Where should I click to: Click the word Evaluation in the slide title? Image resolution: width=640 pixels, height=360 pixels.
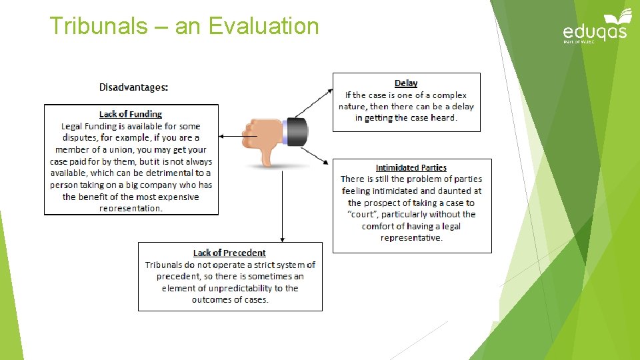tap(263, 27)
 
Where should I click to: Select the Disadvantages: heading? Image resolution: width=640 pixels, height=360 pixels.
tap(133, 87)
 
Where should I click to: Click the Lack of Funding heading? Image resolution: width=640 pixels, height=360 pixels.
tap(131, 115)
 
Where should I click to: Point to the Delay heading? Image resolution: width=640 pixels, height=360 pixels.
tap(406, 83)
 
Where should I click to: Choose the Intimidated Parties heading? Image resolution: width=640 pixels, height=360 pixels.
tap(411, 168)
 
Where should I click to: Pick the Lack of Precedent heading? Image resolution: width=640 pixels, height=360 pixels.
tap(229, 253)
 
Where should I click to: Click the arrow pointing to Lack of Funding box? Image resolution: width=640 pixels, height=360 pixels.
tap(230, 135)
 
